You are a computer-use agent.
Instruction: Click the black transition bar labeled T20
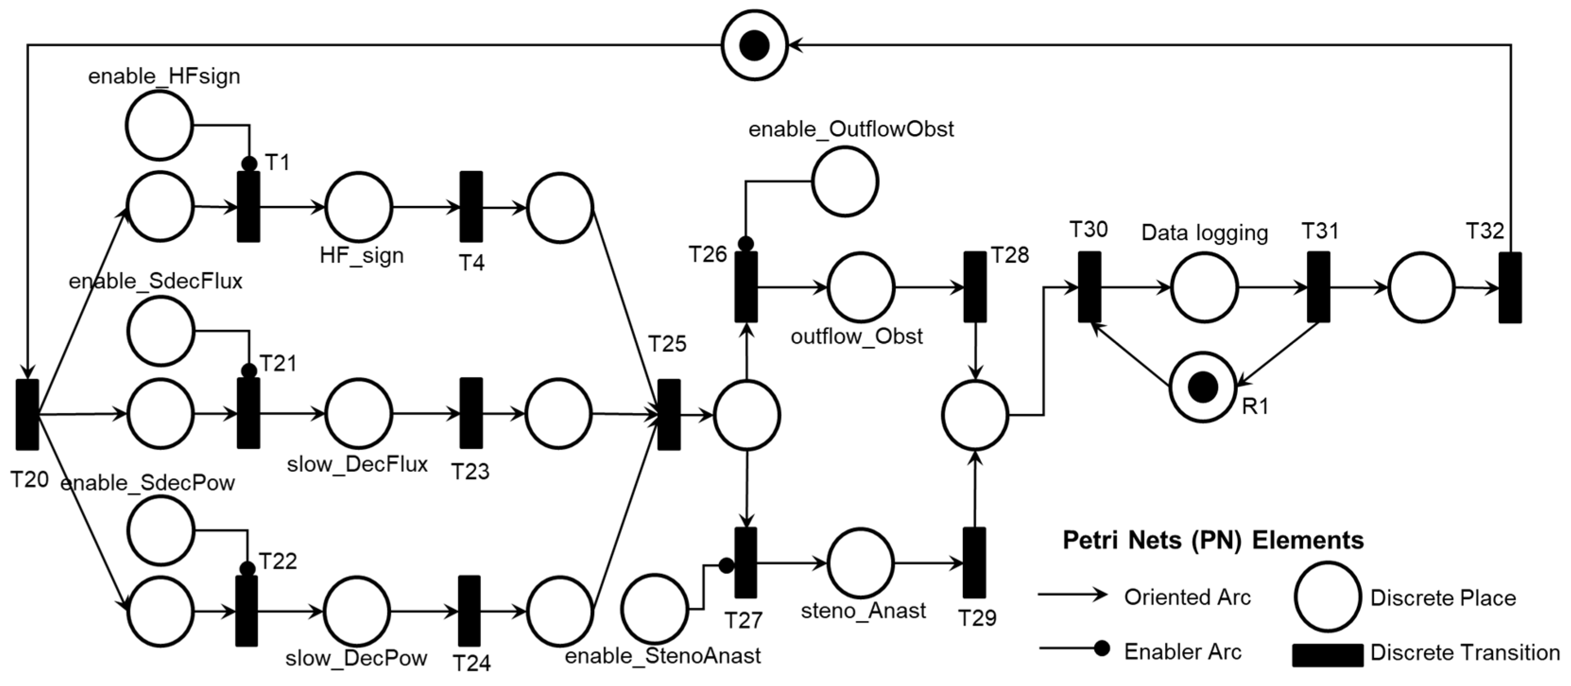coord(27,415)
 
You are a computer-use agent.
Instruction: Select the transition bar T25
coord(669,415)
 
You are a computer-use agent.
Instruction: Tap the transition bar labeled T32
coord(1510,287)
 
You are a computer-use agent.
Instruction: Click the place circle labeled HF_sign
coord(359,207)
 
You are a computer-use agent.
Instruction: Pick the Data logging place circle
coord(1204,287)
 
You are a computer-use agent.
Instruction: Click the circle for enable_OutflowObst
coord(845,181)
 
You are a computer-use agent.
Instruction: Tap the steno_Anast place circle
coord(860,563)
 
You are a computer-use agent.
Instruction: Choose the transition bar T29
coord(974,563)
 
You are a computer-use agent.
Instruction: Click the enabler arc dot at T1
coord(249,164)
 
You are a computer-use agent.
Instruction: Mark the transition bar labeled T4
coord(471,207)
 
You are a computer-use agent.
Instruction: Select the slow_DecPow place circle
coord(357,611)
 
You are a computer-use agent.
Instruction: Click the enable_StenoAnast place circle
coord(654,608)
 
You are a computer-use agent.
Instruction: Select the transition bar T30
coord(1089,287)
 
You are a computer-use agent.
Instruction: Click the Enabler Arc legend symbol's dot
coord(1101,648)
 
